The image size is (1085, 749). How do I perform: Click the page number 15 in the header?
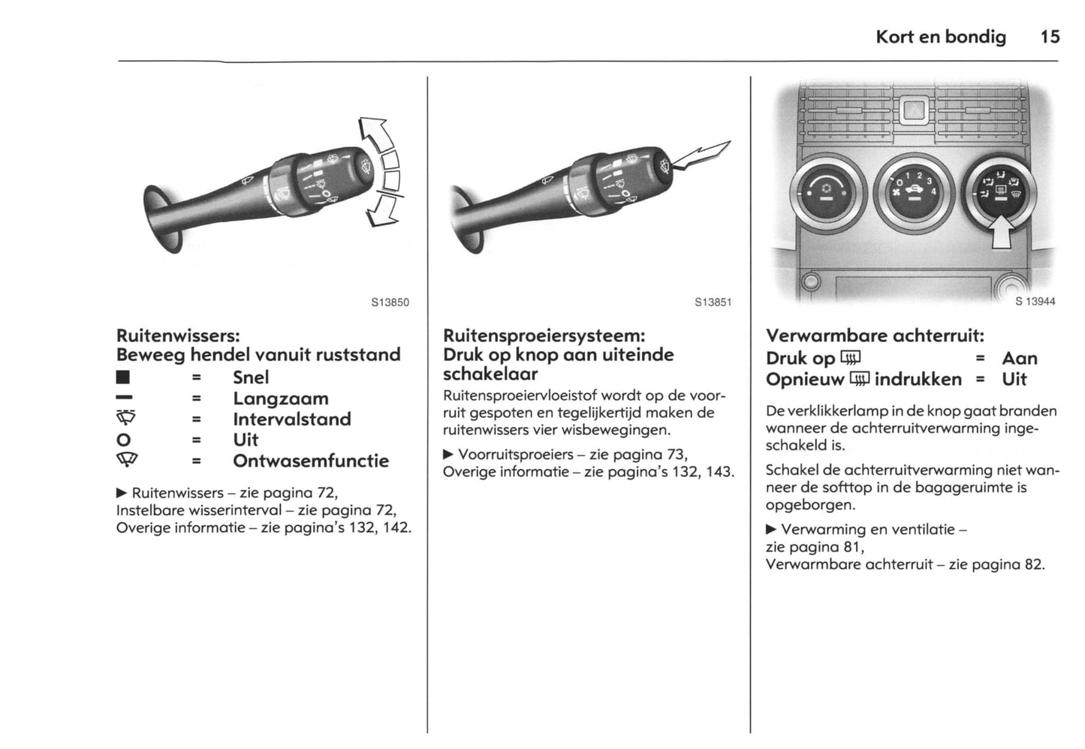[1050, 37]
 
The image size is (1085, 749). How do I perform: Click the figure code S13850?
[390, 303]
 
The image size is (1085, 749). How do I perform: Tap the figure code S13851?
[713, 303]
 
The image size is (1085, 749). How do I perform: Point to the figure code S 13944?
[1035, 302]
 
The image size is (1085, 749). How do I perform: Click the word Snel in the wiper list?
[251, 378]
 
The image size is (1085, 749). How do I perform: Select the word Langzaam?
[280, 399]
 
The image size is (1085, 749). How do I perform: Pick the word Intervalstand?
[291, 419]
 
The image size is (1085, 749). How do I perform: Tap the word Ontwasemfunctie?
[311, 461]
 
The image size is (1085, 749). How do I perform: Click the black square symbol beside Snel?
[124, 378]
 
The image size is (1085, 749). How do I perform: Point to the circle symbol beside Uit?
[124, 440]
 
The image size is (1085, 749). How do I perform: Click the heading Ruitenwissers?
[178, 335]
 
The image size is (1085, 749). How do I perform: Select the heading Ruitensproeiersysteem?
[544, 335]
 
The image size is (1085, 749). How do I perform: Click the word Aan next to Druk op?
[1019, 359]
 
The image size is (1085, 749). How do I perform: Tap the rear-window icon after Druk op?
[850, 358]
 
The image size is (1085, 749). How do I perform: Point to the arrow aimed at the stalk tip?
[702, 155]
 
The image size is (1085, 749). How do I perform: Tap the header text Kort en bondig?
[940, 37]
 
